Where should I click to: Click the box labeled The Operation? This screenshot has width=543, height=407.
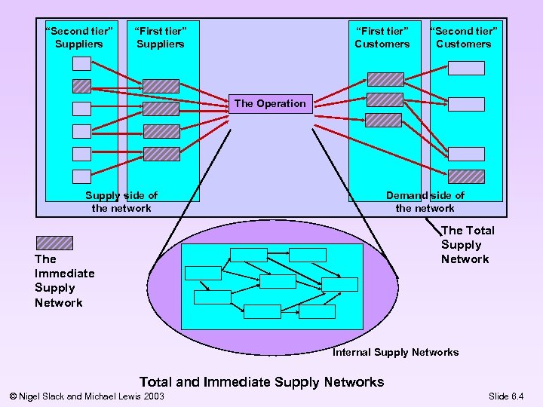(x=270, y=103)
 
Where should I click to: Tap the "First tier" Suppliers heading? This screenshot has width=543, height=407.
(x=160, y=37)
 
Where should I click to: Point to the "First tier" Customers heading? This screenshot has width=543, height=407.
(x=382, y=37)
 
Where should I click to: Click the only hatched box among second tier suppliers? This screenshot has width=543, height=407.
(x=81, y=86)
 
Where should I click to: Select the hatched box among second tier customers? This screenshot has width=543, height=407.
(x=466, y=176)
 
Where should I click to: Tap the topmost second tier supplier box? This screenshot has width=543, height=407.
(x=81, y=63)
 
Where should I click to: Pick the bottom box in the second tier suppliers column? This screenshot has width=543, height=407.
(x=81, y=177)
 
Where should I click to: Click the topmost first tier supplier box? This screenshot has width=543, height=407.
(x=161, y=86)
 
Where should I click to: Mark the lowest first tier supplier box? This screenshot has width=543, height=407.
(x=161, y=154)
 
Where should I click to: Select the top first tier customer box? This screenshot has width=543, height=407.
(x=384, y=79)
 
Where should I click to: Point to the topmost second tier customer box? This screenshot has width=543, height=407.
(x=466, y=68)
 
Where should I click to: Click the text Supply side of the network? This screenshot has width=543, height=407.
(x=121, y=201)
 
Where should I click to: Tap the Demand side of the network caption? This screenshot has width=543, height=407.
(x=425, y=201)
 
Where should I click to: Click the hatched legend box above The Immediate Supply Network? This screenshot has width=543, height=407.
(x=54, y=243)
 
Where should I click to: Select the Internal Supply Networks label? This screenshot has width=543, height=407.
(x=395, y=352)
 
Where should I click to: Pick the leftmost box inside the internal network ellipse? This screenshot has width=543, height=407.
(x=203, y=273)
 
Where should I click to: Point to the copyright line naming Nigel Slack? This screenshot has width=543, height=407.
(x=84, y=396)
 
